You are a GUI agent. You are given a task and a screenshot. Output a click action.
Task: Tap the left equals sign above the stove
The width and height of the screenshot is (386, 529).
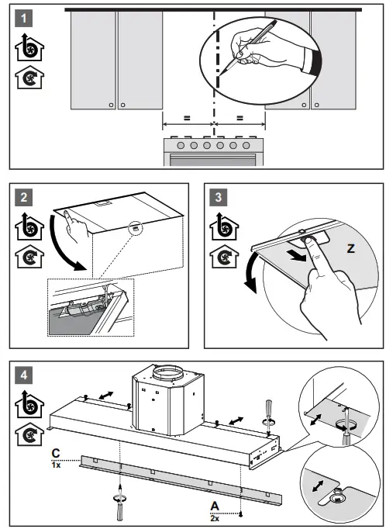[x=187, y=118]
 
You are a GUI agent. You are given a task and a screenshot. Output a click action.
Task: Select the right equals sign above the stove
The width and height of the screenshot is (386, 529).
[x=240, y=118]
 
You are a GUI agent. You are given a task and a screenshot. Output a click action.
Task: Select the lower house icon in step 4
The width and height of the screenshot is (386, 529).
[x=26, y=434]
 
